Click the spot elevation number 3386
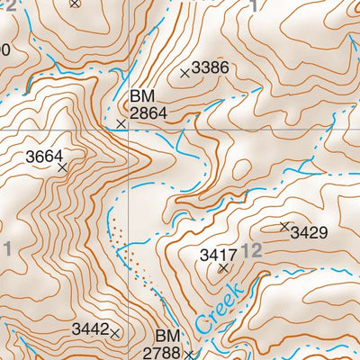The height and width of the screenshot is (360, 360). tap(211, 67)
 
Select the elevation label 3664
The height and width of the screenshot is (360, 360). tap(44, 157)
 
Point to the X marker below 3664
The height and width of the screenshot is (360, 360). tap(62, 167)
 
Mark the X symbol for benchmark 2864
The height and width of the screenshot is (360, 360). tap(121, 123)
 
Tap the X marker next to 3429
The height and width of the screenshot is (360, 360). tap(284, 226)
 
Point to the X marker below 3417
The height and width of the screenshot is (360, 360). tap(223, 268)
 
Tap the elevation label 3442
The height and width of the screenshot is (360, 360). tap(90, 331)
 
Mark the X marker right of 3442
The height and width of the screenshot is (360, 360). tap(115, 333)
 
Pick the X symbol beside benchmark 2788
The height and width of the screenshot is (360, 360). tap(189, 354)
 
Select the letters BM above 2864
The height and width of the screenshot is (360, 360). tap(142, 95)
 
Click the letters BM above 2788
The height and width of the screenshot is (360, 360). tap(168, 336)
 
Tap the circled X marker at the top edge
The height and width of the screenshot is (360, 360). tap(75, 3)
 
